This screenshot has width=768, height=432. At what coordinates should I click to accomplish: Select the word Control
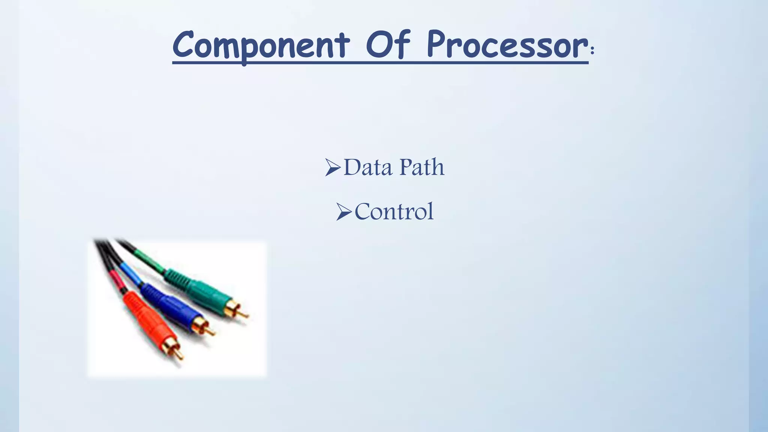click(x=394, y=211)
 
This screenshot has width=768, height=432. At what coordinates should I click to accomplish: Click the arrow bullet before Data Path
click(x=333, y=167)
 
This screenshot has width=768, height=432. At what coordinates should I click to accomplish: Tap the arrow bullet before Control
click(x=343, y=212)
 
